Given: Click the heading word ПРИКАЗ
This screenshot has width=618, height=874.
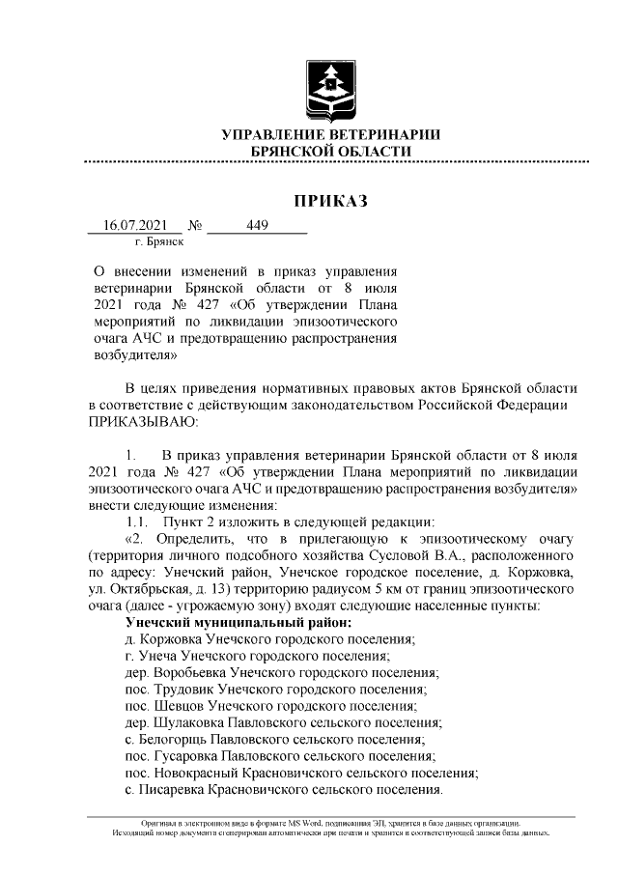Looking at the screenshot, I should tap(331, 202).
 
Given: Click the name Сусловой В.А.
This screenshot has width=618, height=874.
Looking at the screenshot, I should tap(421, 557).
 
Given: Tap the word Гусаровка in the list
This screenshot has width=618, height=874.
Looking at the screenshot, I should tap(186, 755).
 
